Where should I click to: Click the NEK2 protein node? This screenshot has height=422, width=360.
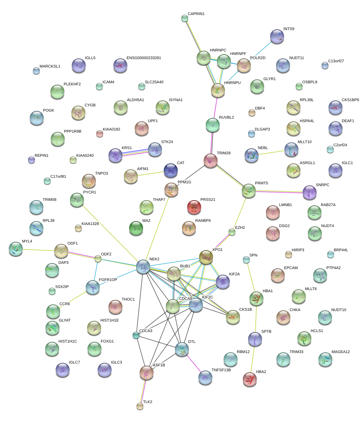click(x=143, y=267)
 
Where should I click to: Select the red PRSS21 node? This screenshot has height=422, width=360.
click(x=194, y=207)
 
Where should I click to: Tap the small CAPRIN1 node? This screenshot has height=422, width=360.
click(x=185, y=18)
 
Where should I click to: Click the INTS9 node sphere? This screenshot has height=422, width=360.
click(x=277, y=36)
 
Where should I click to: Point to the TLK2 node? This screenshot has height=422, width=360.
click(x=140, y=406)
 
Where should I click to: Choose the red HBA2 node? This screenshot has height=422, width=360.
click(x=250, y=379)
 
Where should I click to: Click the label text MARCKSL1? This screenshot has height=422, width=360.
click(x=50, y=66)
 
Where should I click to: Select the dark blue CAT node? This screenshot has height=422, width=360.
click(x=171, y=170)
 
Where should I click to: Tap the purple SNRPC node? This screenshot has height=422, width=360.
click(x=309, y=192)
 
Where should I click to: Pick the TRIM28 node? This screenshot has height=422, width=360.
click(x=211, y=161)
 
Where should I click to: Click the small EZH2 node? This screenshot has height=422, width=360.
click(x=232, y=232)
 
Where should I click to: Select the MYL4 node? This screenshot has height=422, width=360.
click(x=16, y=248)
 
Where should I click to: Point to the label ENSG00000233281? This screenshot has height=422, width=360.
click(x=144, y=58)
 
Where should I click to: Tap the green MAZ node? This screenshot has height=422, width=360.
click(x=136, y=228)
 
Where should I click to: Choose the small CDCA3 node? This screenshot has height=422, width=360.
click(x=136, y=336)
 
